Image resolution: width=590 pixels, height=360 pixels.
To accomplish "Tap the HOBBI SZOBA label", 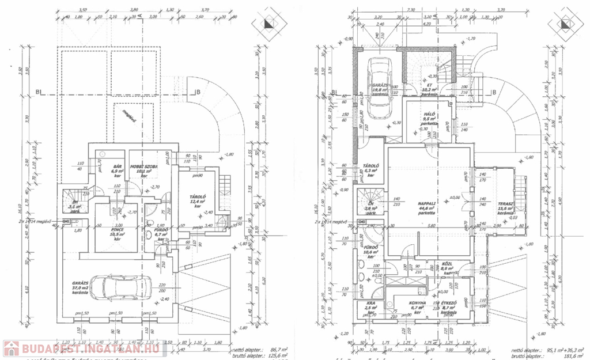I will pos(143,166).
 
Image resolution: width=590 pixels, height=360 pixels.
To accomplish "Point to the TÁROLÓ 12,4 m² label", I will pos(195,200).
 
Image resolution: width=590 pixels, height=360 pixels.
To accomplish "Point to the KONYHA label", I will pos(418,303).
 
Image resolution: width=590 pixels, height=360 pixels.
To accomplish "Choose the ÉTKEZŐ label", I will pos(449,303).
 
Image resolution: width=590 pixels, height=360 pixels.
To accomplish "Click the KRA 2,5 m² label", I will pos(369,305).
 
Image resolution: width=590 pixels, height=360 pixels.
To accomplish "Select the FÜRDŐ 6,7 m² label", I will pos(161,230).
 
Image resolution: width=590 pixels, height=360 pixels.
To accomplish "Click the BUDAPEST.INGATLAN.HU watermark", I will pos(84,347).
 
